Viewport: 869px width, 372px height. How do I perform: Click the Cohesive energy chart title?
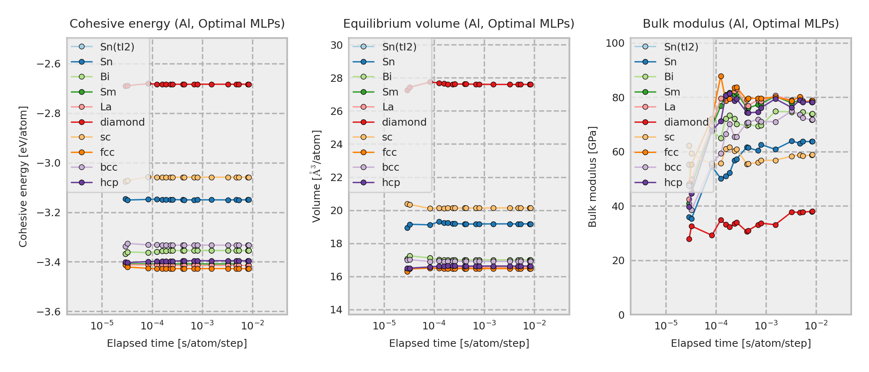tap(177, 24)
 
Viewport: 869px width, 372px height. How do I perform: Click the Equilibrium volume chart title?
tap(459, 24)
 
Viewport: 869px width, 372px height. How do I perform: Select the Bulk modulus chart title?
tap(740, 24)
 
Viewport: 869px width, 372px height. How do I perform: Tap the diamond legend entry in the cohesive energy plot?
tap(122, 122)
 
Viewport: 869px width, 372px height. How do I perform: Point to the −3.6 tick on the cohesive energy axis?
tap(48, 312)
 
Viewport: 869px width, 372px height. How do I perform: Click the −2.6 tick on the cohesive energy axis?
tap(48, 64)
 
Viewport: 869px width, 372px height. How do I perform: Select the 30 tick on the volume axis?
tap(336, 45)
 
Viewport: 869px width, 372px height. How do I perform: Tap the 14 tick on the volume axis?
tap(336, 310)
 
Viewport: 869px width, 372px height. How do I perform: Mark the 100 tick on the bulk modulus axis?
tap(615, 43)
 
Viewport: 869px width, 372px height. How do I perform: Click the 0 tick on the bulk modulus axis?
tap(621, 315)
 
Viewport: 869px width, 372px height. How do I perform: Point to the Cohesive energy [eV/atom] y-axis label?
tap(23, 177)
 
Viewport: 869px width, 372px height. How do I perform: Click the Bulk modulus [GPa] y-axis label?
tap(592, 177)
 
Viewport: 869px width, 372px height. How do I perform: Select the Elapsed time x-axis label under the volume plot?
tap(459, 343)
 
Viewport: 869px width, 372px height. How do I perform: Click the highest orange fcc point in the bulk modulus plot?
tap(721, 76)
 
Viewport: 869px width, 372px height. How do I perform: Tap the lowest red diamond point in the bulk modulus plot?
tap(689, 239)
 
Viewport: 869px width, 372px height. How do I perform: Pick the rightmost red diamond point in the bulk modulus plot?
tap(812, 212)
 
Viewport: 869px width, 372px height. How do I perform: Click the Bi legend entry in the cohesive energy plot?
tap(105, 77)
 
